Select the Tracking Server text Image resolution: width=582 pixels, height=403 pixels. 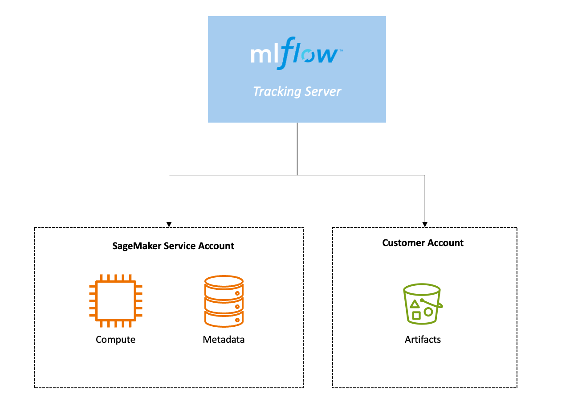pyautogui.click(x=297, y=91)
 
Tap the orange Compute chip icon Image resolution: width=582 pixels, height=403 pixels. pyautogui.click(x=115, y=301)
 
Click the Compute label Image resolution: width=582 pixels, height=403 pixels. pyautogui.click(x=115, y=340)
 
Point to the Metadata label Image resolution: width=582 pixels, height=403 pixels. pyautogui.click(x=224, y=340)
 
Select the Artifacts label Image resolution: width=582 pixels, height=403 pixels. pyautogui.click(x=423, y=340)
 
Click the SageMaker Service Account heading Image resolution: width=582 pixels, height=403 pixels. pyautogui.click(x=173, y=246)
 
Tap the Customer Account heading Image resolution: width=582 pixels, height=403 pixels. pyautogui.click(x=423, y=243)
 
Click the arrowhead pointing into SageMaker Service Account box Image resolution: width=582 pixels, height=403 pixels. pyautogui.click(x=169, y=224)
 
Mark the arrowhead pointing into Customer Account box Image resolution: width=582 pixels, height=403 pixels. pyautogui.click(x=425, y=224)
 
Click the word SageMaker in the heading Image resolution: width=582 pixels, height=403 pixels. pyautogui.click(x=134, y=246)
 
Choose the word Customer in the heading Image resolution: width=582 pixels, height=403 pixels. pyautogui.click(x=401, y=243)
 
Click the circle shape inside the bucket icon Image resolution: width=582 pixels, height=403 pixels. pyautogui.click(x=428, y=312)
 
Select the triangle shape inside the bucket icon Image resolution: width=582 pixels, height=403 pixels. pyautogui.click(x=415, y=304)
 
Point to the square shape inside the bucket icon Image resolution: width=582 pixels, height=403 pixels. pyautogui.click(x=416, y=316)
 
